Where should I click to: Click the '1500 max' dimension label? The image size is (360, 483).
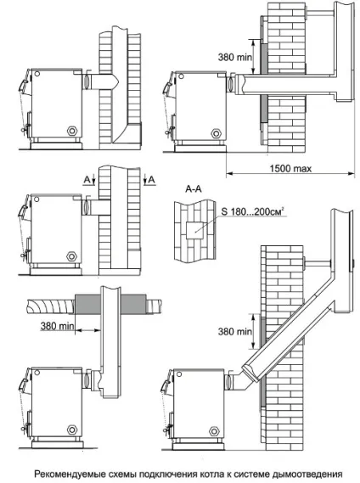point(290,168)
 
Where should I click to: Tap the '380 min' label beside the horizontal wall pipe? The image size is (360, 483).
point(234,57)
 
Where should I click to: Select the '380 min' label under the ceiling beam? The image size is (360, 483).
point(57,326)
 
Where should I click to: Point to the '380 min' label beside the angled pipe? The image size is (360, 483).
point(234,331)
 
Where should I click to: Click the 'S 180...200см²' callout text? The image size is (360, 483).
point(252,211)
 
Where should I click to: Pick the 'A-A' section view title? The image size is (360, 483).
point(194,188)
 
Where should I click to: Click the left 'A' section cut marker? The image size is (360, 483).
point(87,180)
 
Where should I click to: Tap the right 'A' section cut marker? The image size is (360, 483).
point(151,180)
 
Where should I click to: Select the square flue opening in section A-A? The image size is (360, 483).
point(194,230)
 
